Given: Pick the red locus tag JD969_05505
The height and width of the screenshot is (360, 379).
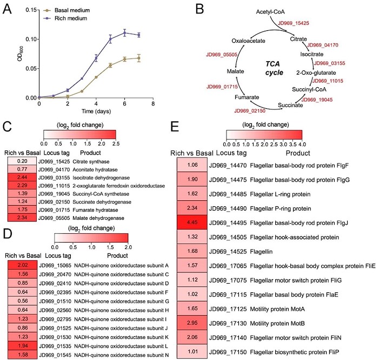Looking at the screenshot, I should pyautogui.click(x=223, y=54).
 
